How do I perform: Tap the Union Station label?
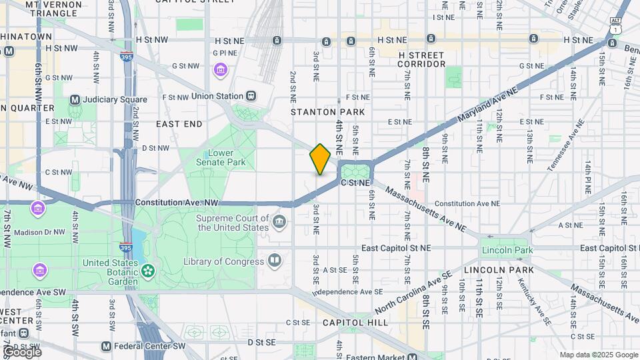tap(217, 96)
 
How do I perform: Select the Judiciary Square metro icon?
tap(75, 100)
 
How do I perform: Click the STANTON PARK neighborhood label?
tap(319, 112)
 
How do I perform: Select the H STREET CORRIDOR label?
tap(421, 59)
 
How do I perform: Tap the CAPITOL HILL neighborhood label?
tap(355, 322)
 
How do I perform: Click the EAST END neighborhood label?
tap(179, 124)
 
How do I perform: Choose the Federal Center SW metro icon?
tap(106, 347)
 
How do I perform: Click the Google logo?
tap(21, 351)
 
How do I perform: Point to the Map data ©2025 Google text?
tap(598, 355)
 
